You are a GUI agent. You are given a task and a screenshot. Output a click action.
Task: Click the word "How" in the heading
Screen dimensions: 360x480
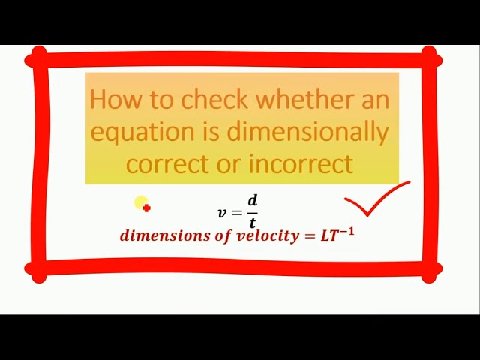point(110,99)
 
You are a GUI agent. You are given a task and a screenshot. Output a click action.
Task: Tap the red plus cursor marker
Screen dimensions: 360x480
point(146,208)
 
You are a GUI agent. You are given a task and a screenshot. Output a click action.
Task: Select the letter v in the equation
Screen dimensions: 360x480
point(222,213)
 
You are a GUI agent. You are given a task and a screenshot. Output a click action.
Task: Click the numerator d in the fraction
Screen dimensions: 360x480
point(253,201)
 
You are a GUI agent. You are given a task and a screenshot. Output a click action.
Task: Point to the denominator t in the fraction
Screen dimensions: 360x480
point(253,223)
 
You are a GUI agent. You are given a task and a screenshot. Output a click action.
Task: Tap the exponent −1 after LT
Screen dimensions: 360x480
point(346,230)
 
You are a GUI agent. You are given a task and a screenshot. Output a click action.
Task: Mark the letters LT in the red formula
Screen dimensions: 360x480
point(328,236)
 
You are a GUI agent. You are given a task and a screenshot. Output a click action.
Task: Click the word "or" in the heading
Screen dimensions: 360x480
point(231,164)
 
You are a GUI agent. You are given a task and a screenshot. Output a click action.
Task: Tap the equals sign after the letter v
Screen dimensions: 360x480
point(237,213)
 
